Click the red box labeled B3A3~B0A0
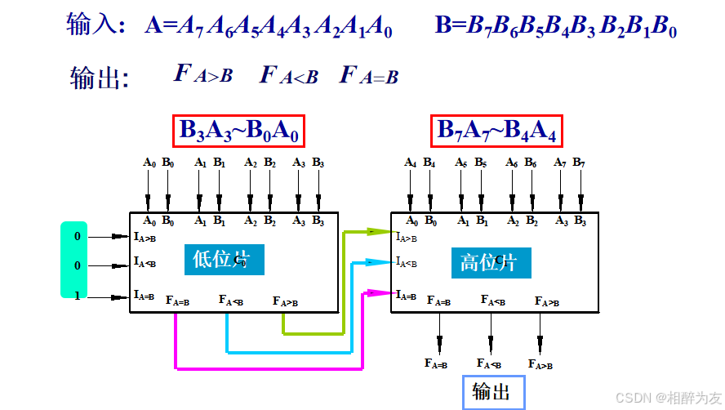tap(238, 130)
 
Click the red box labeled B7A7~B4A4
tap(496, 130)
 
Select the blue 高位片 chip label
tap(490, 262)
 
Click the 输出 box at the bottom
tap(491, 392)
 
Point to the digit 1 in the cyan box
tap(78, 296)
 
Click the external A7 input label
tap(560, 163)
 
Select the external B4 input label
tap(429, 163)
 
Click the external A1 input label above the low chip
tap(200, 163)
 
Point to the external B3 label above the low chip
tap(318, 163)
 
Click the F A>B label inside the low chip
tap(285, 302)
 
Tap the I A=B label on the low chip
tap(145, 295)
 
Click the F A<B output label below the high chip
tap(490, 363)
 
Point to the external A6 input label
tap(512, 163)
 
